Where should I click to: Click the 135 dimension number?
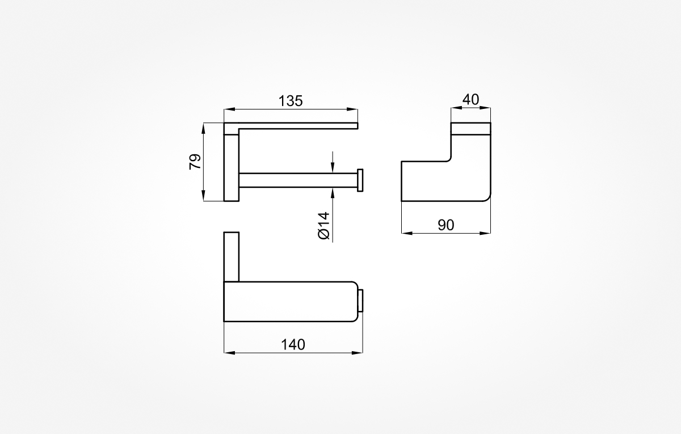tap(291, 101)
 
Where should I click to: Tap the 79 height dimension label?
tap(195, 162)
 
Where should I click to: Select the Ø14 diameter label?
tap(324, 226)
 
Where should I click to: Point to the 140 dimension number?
tap(293, 345)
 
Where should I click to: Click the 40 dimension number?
tap(470, 99)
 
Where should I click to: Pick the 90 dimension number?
tap(446, 225)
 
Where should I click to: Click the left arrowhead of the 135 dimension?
tap(229, 109)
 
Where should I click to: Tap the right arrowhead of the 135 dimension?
tap(352, 109)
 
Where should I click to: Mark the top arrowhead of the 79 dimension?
tap(203, 128)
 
